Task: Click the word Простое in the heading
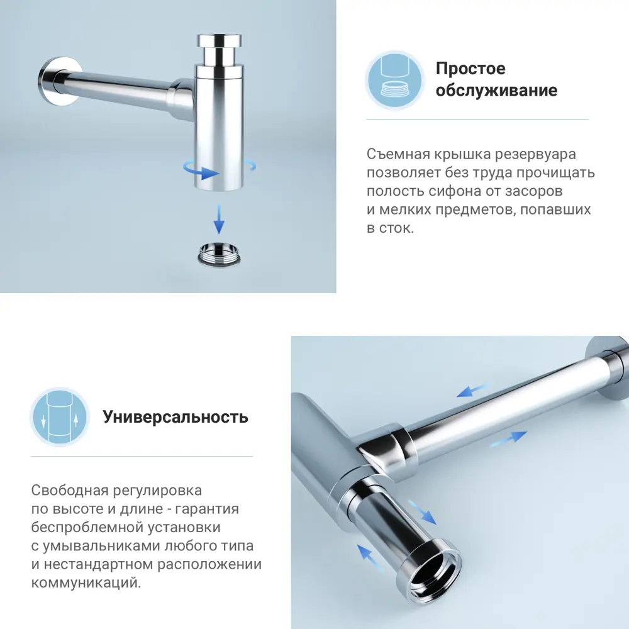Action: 470,69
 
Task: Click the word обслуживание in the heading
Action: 496,91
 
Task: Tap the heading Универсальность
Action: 175,417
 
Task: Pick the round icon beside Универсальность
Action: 59,417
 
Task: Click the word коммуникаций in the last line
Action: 86,583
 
